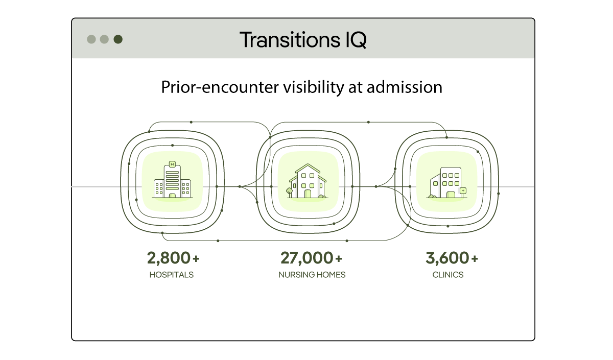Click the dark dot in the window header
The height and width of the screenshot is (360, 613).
(x=118, y=39)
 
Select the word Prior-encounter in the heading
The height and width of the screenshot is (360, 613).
(x=220, y=87)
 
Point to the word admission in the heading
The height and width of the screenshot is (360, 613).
(x=404, y=87)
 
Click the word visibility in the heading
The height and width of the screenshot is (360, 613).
(x=314, y=88)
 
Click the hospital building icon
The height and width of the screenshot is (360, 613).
(x=173, y=179)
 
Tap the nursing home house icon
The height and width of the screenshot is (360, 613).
(x=308, y=181)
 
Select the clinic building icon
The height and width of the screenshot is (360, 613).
(x=447, y=182)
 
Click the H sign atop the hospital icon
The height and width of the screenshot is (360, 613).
(x=173, y=164)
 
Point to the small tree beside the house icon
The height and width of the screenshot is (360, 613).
(x=289, y=192)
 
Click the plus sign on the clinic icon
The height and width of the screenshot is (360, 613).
(x=463, y=190)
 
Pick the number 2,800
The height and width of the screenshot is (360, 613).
(x=168, y=258)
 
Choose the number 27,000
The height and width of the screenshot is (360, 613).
(x=307, y=258)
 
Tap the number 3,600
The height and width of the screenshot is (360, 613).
(x=447, y=258)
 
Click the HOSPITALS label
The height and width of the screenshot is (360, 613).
(x=172, y=275)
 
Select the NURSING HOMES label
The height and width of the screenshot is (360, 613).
(x=312, y=275)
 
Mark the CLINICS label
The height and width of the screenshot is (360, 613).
(x=448, y=275)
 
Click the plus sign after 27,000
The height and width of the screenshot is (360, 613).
(x=339, y=258)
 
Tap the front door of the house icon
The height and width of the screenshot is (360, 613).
(x=308, y=194)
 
